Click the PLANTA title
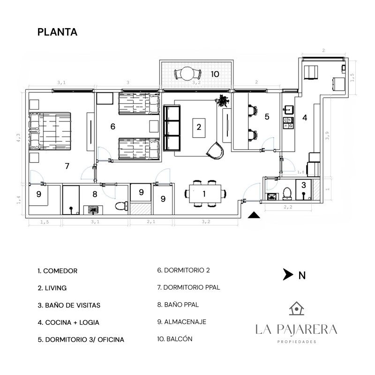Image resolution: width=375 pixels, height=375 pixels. click(x=57, y=32)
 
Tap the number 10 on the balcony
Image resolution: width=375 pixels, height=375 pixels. click(x=215, y=74)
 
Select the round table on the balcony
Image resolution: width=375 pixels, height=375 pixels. click(x=188, y=74)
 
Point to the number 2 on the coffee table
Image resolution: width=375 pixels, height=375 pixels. click(x=199, y=127)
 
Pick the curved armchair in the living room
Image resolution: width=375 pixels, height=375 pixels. click(x=216, y=150)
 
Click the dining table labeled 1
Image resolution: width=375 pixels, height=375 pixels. click(x=205, y=194)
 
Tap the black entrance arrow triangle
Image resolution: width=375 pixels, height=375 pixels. click(x=254, y=215)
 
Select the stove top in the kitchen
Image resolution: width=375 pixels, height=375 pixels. click(x=288, y=123)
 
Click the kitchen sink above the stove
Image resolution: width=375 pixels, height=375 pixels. click(x=288, y=110)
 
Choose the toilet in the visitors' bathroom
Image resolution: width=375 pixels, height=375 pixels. click(x=287, y=194)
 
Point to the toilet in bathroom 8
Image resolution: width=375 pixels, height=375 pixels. click(x=121, y=206)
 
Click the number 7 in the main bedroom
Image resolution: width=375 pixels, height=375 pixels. click(x=67, y=166)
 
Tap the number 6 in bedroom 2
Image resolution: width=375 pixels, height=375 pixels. click(x=113, y=127)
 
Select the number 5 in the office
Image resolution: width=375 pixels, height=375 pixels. click(x=267, y=117)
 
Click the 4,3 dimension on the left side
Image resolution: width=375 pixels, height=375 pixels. click(x=18, y=138)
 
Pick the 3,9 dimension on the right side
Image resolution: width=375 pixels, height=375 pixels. click(x=327, y=135)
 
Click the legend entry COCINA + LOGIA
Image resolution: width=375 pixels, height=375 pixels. click(x=68, y=322)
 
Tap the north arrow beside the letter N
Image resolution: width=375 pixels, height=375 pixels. click(x=288, y=274)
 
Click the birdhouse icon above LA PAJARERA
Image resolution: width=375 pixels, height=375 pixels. click(x=297, y=308)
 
